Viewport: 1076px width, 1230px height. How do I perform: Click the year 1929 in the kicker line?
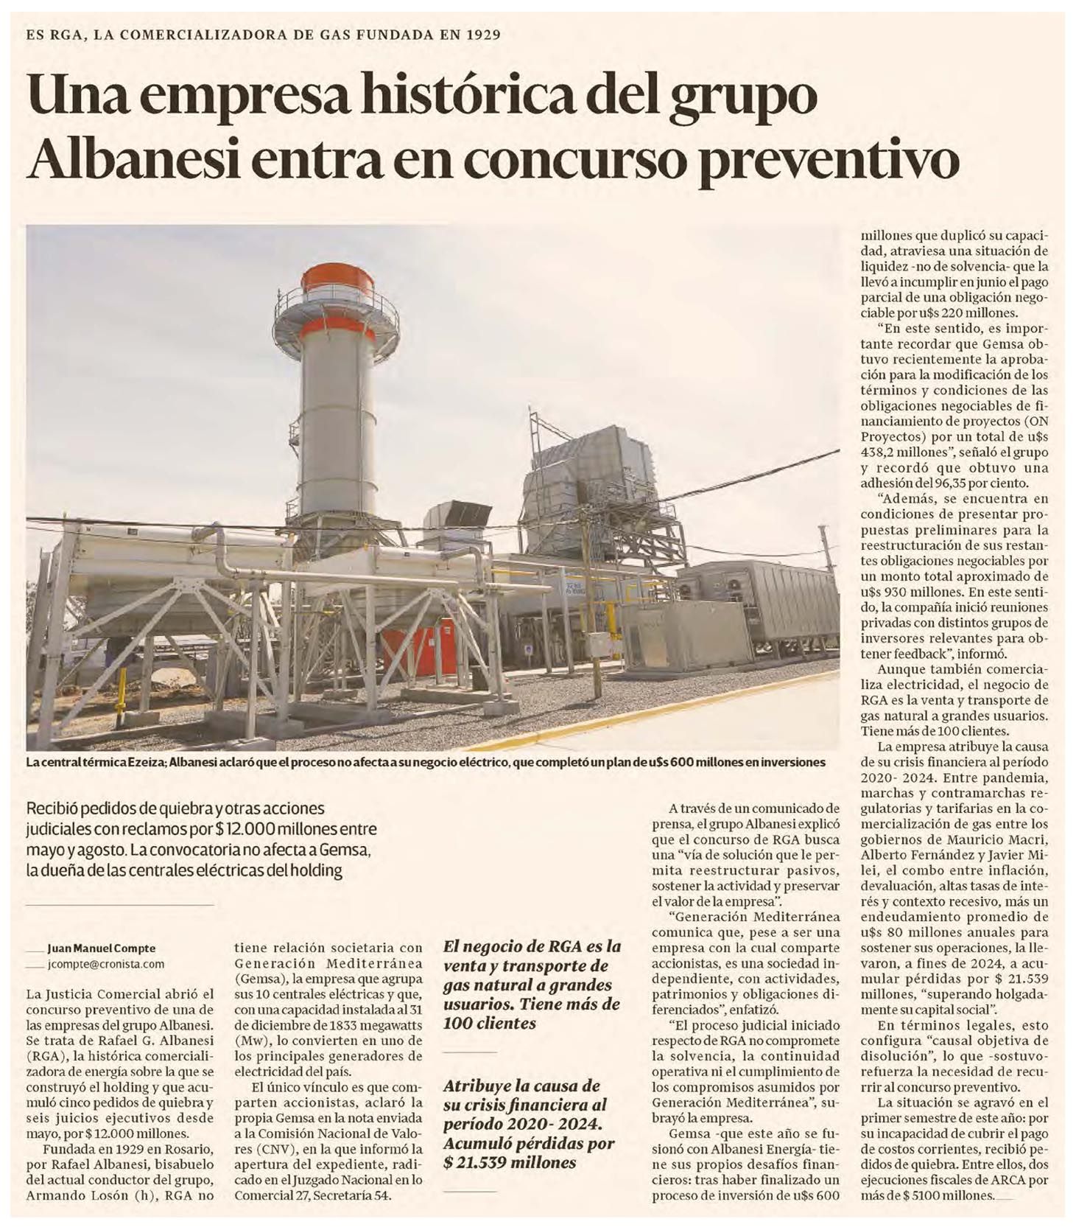pos(480,34)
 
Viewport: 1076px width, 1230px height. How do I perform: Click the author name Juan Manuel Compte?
pos(101,948)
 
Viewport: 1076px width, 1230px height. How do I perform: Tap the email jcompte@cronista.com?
pos(105,964)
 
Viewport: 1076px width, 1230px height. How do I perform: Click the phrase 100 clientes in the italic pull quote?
pos(489,1023)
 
